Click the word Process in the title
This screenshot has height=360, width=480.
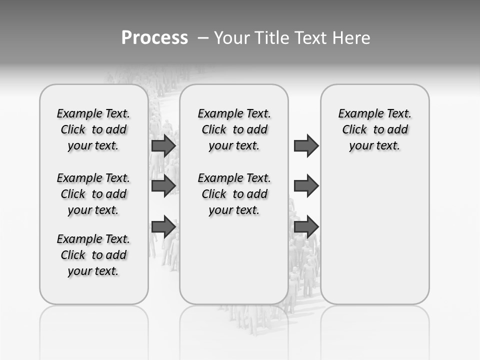[x=154, y=38]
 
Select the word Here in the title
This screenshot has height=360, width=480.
[x=352, y=38]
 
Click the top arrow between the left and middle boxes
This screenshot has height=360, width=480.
[x=163, y=146]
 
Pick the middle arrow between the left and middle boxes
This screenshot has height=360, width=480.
[x=163, y=186]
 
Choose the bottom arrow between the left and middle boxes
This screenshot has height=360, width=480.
[x=163, y=226]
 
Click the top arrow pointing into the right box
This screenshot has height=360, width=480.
[x=306, y=146]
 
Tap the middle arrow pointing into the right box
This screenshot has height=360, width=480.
[x=306, y=186]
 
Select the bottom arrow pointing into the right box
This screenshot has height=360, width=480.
[x=306, y=226]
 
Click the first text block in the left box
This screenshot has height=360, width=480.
[x=93, y=129]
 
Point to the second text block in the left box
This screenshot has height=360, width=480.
[x=93, y=194]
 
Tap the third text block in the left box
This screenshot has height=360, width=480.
[x=93, y=255]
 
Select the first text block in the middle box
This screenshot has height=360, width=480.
[x=234, y=129]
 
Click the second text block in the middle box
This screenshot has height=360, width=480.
[x=234, y=194]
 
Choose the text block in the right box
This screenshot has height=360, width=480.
[x=375, y=129]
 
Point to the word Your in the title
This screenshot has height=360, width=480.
[x=232, y=38]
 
